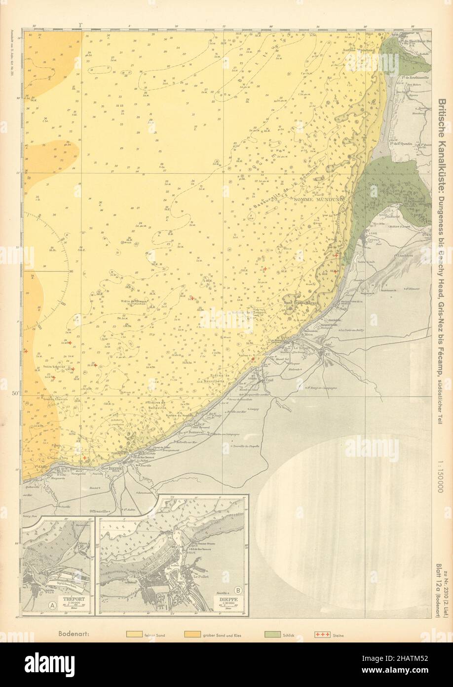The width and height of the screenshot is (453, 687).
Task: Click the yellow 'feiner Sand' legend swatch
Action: [134, 634]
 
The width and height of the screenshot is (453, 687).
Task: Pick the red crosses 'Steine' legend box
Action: [322, 634]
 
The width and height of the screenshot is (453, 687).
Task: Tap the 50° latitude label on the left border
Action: [29, 393]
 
